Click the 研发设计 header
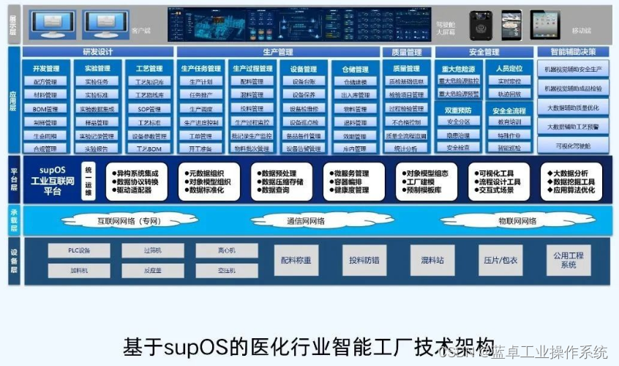click(98, 52)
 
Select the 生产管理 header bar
click(278, 52)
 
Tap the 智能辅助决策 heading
click(573, 52)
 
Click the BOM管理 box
click(45, 109)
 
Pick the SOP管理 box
click(150, 109)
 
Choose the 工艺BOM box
click(150, 149)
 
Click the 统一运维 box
click(89, 180)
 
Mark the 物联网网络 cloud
click(517, 221)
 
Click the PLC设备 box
click(78, 250)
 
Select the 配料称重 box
click(296, 260)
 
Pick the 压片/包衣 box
click(500, 260)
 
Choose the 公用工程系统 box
click(568, 260)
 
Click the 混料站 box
click(432, 260)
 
